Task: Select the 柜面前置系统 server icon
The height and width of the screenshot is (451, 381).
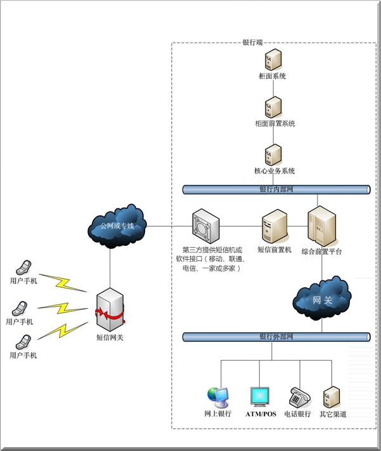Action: pyautogui.click(x=273, y=107)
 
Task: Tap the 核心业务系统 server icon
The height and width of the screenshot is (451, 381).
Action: pyautogui.click(x=273, y=154)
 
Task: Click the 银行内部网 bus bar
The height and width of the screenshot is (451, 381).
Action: pyautogui.click(x=276, y=189)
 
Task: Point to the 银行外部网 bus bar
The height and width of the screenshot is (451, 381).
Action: pyautogui.click(x=276, y=336)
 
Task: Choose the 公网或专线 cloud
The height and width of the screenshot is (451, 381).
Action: pyautogui.click(x=117, y=226)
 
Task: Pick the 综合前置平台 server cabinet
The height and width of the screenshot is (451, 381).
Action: pyautogui.click(x=321, y=226)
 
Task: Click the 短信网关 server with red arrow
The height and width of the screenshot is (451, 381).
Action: pyautogui.click(x=109, y=311)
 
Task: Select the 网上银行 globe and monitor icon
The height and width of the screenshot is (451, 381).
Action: pyautogui.click(x=218, y=396)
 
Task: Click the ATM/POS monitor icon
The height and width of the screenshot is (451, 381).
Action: pyautogui.click(x=261, y=396)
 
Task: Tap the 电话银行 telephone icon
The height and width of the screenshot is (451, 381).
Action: pyautogui.click(x=298, y=396)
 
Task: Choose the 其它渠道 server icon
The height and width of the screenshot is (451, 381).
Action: pyautogui.click(x=332, y=396)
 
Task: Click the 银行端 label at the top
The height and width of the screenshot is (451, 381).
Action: pyautogui.click(x=253, y=43)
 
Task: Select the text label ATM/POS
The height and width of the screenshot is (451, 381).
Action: pyautogui.click(x=261, y=414)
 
